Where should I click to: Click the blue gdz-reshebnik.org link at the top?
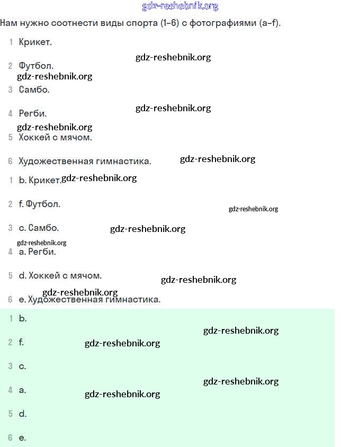pyautogui.click(x=180, y=6)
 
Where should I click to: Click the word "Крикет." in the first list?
pyautogui.click(x=35, y=42)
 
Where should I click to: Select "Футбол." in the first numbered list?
pyautogui.click(x=36, y=66)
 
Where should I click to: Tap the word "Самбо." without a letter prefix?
pyautogui.click(x=34, y=90)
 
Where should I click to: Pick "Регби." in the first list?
pyautogui.click(x=33, y=113)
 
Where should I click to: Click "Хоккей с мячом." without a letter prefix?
pyautogui.click(x=55, y=137)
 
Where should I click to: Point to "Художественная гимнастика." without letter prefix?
pyautogui.click(x=85, y=162)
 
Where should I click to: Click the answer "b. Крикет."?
pyautogui.click(x=40, y=180)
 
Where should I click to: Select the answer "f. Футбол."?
pyautogui.click(x=40, y=204)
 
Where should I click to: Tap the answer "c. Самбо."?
pyautogui.click(x=39, y=228)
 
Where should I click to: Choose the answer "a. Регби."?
pyautogui.click(x=38, y=252)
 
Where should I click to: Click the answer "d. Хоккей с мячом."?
pyautogui.click(x=60, y=276)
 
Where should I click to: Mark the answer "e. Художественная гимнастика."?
pyautogui.click(x=89, y=300)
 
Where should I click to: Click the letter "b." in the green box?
pyautogui.click(x=23, y=318)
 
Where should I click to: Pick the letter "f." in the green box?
pyautogui.click(x=21, y=342)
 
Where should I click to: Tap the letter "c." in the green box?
pyautogui.click(x=23, y=366)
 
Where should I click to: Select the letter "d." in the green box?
pyautogui.click(x=23, y=414)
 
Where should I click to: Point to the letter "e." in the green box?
pyautogui.click(x=23, y=438)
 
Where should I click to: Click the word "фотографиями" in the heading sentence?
pyautogui.click(x=223, y=23)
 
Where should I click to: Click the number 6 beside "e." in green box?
pyautogui.click(x=10, y=437)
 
